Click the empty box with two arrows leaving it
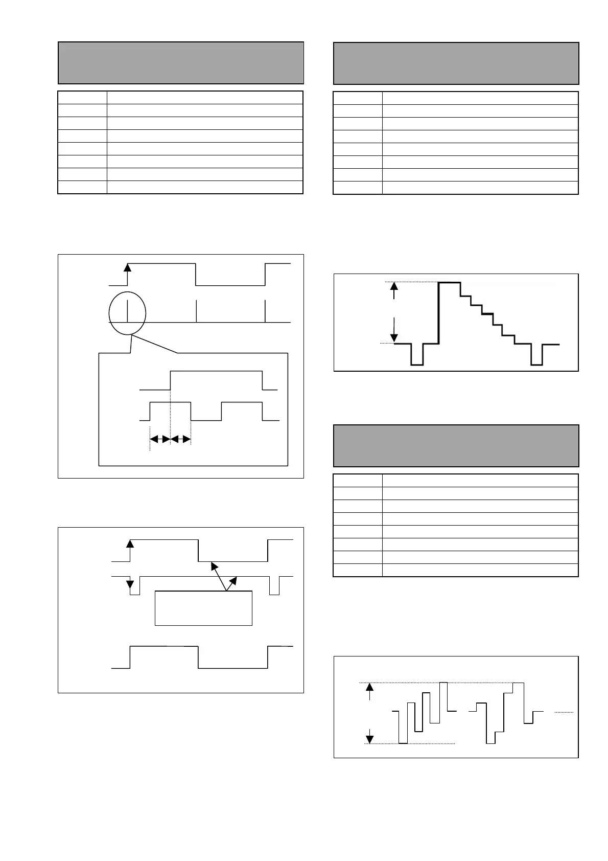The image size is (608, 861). [x=203, y=608]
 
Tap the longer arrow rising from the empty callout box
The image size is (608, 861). [x=218, y=576]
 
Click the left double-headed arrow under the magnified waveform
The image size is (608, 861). [x=159, y=439]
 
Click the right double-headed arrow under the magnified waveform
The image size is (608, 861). [x=180, y=439]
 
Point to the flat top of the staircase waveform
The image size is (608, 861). [x=450, y=282]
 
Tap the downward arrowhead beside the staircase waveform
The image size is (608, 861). [x=393, y=337]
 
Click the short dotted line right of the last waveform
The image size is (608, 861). [x=564, y=712]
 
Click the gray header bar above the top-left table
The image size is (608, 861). [x=181, y=63]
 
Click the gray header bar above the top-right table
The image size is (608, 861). [x=456, y=63]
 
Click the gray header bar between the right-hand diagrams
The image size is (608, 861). [x=456, y=445]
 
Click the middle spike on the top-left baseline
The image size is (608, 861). [x=196, y=311]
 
